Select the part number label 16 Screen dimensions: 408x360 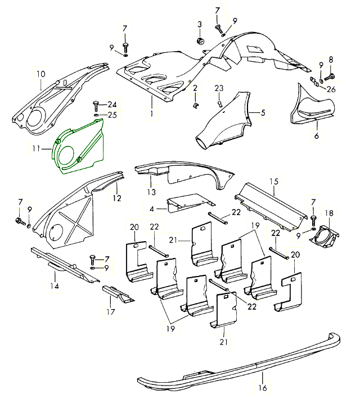coord(262,388)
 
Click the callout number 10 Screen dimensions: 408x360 coord(40,74)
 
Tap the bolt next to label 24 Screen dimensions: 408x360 coord(97,105)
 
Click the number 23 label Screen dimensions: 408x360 coord(219,89)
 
